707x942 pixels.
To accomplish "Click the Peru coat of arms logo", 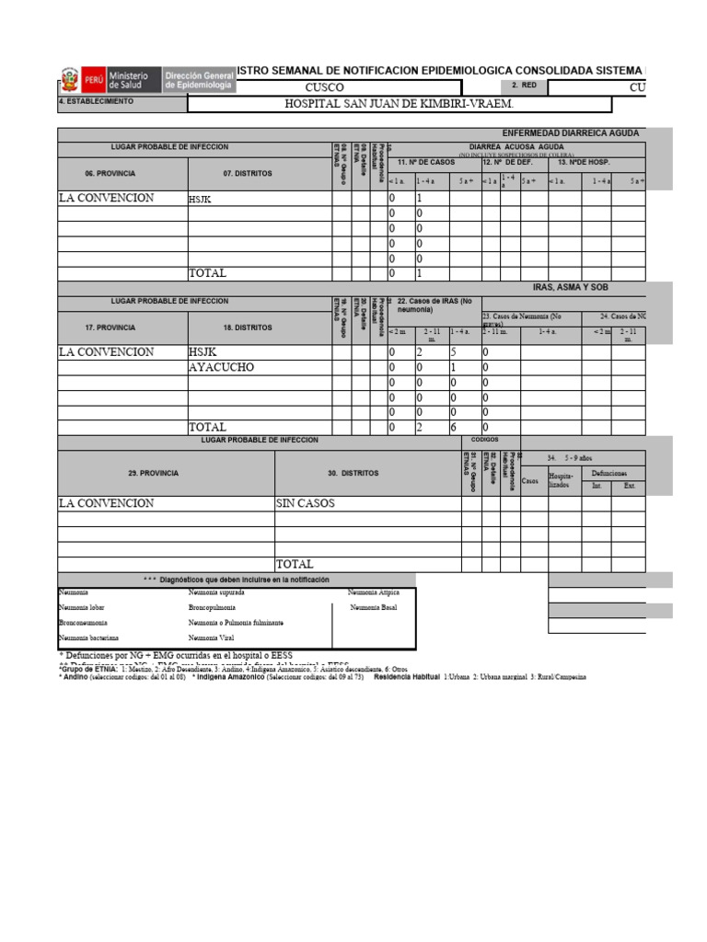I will (x=69, y=79).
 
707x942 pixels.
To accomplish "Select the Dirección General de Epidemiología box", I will (x=198, y=79).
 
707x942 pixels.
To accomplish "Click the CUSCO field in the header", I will (x=323, y=86).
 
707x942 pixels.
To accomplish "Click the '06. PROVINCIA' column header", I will (x=122, y=173).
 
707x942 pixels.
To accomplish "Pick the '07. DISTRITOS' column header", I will (x=247, y=173).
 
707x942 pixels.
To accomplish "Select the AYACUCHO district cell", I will (x=221, y=367).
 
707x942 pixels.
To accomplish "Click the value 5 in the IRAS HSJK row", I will (x=453, y=352).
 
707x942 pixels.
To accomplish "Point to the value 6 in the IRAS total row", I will (x=453, y=428).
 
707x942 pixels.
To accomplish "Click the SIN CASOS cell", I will (x=306, y=504).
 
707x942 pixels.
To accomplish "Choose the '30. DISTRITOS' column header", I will (x=353, y=473).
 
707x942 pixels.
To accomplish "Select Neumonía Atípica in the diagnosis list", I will (x=375, y=593).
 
